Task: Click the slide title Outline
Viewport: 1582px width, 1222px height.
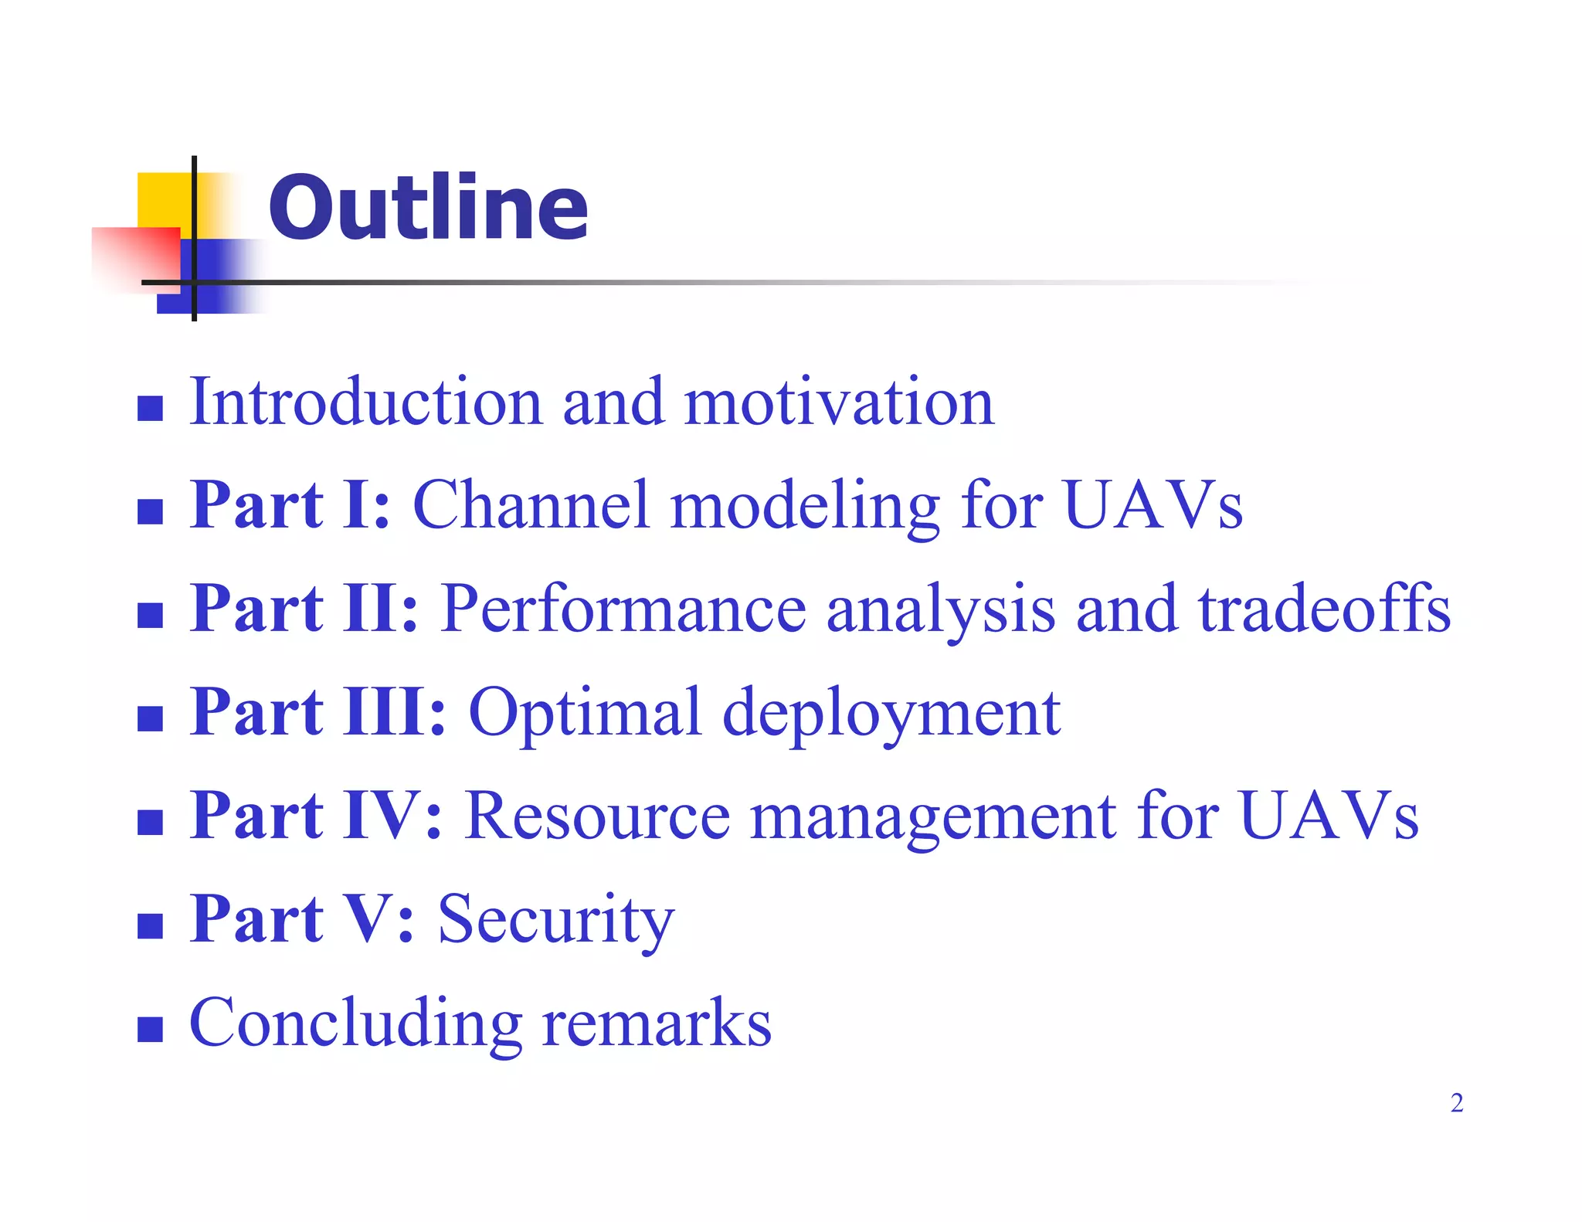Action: point(428,207)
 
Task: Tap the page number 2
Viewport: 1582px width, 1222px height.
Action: point(1456,1102)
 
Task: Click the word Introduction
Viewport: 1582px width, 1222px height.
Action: point(366,402)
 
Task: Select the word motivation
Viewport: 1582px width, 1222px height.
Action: point(839,402)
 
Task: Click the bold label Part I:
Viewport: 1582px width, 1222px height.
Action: point(290,505)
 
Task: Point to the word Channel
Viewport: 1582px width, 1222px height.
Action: point(531,505)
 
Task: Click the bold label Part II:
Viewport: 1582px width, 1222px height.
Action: point(304,609)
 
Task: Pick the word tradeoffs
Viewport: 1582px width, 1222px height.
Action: point(1324,609)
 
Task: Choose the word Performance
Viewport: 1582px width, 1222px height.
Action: point(624,609)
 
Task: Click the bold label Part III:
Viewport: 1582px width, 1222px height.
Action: point(318,711)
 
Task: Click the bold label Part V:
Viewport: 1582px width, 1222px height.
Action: point(302,918)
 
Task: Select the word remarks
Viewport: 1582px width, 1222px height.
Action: point(657,1022)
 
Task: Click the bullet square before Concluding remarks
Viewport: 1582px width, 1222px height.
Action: point(150,1029)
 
